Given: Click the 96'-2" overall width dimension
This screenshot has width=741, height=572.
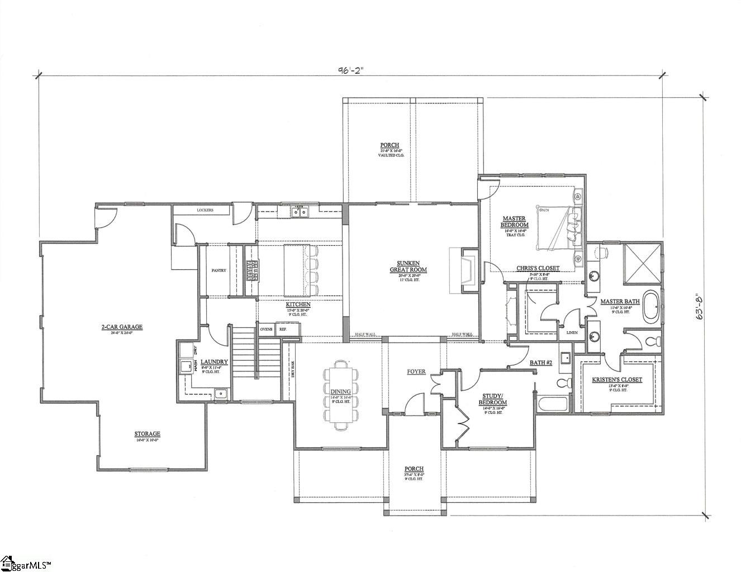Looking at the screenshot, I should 350,70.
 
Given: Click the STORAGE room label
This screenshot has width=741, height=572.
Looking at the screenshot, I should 147,433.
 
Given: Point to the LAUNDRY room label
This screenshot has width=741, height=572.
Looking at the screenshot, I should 213,362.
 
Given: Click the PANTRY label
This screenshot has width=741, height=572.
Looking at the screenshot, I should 218,270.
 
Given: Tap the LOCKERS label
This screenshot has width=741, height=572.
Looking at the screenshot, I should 205,211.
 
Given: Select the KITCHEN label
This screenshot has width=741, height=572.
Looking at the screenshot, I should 298,304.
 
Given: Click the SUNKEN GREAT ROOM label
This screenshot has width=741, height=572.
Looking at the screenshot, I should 408,266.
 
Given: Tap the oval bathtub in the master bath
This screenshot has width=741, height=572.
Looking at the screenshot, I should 651,307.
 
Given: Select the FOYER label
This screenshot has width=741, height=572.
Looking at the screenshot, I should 416,371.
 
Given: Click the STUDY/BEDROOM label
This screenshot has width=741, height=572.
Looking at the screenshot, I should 493,399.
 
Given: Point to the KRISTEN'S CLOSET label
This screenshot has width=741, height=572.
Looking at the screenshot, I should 617,380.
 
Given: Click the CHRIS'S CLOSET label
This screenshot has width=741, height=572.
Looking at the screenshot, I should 538,268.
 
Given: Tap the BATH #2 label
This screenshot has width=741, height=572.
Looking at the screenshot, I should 541,363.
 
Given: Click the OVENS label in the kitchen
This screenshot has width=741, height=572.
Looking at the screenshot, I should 266,329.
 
